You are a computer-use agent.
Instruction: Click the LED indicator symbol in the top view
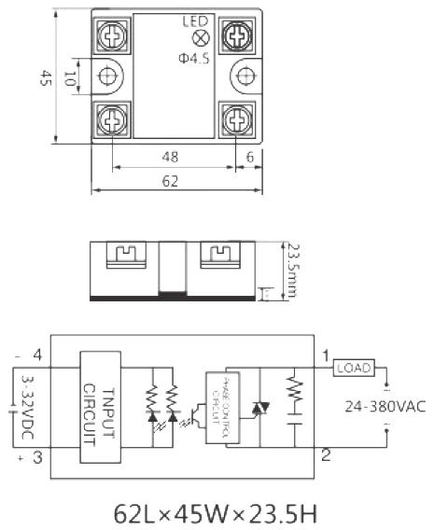tap(198, 38)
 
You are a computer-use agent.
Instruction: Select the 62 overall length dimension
tap(170, 182)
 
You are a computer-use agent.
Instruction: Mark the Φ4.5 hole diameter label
tap(195, 58)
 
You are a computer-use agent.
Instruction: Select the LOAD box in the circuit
tap(355, 368)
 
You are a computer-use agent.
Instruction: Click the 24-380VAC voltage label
tap(383, 406)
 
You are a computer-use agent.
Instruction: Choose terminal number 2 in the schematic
tap(325, 454)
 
